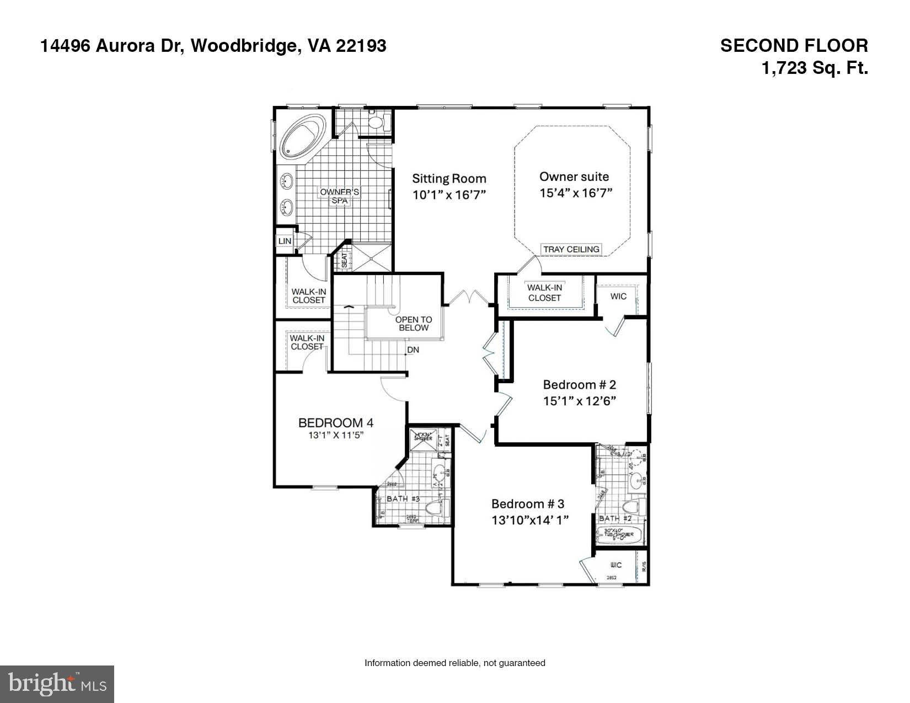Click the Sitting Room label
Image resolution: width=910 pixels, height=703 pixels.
click(449, 178)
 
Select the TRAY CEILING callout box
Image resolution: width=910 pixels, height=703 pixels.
click(571, 249)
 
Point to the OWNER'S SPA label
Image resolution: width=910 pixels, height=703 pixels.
click(340, 196)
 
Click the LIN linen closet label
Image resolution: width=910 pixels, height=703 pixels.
click(285, 242)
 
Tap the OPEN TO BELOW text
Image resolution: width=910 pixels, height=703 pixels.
click(413, 324)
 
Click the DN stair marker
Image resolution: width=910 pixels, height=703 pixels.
click(413, 350)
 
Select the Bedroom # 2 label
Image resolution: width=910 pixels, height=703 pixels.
click(579, 384)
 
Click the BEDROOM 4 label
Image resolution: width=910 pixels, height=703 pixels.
click(335, 423)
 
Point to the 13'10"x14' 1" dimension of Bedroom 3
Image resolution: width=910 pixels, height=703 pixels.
click(530, 519)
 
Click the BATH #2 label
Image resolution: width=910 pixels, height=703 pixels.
click(614, 518)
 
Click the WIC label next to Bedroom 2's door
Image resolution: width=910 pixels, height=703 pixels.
click(618, 296)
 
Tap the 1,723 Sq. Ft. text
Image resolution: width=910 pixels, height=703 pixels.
click(815, 68)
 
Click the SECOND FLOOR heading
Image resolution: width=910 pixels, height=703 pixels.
click(794, 46)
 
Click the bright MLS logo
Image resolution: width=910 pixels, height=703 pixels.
click(57, 684)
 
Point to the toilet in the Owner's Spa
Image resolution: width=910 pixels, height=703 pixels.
click(377, 122)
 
